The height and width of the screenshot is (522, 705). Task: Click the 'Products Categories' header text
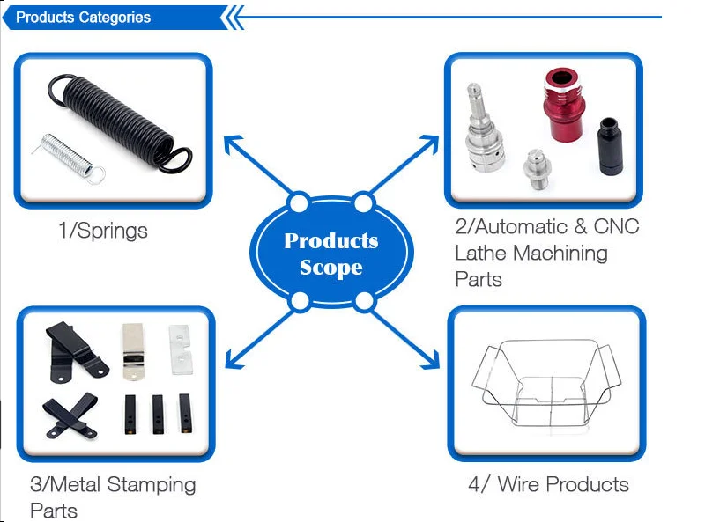[x=83, y=18]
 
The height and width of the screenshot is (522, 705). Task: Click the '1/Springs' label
[x=102, y=232]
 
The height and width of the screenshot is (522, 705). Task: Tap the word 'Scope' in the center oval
[x=331, y=268]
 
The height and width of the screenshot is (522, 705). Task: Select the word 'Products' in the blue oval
[x=330, y=241]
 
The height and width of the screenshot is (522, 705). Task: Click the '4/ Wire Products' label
[x=548, y=484]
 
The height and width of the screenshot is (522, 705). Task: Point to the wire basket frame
[x=544, y=384]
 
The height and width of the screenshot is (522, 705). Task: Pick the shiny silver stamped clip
[x=131, y=351]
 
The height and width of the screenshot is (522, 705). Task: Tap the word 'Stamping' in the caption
[x=155, y=484]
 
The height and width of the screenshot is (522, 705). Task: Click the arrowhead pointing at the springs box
[x=232, y=143]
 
